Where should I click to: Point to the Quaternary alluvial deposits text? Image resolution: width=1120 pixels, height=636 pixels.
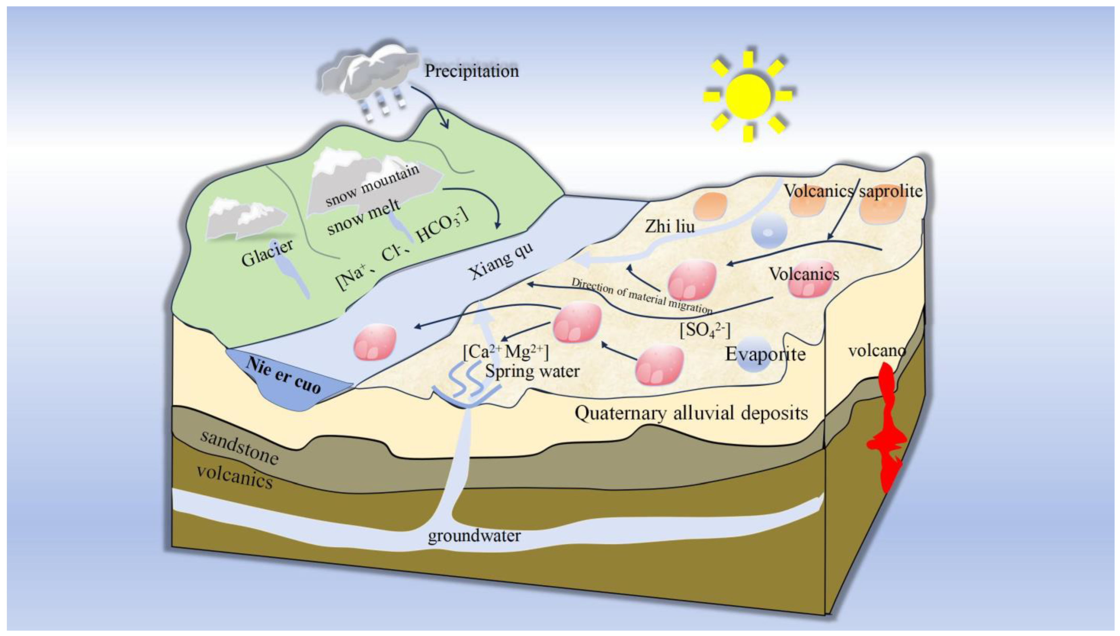point(691,413)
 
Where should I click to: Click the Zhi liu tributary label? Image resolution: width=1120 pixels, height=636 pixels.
point(670,226)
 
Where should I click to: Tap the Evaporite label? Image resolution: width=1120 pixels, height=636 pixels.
point(765,354)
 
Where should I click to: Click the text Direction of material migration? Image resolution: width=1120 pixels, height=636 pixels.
point(641,296)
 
